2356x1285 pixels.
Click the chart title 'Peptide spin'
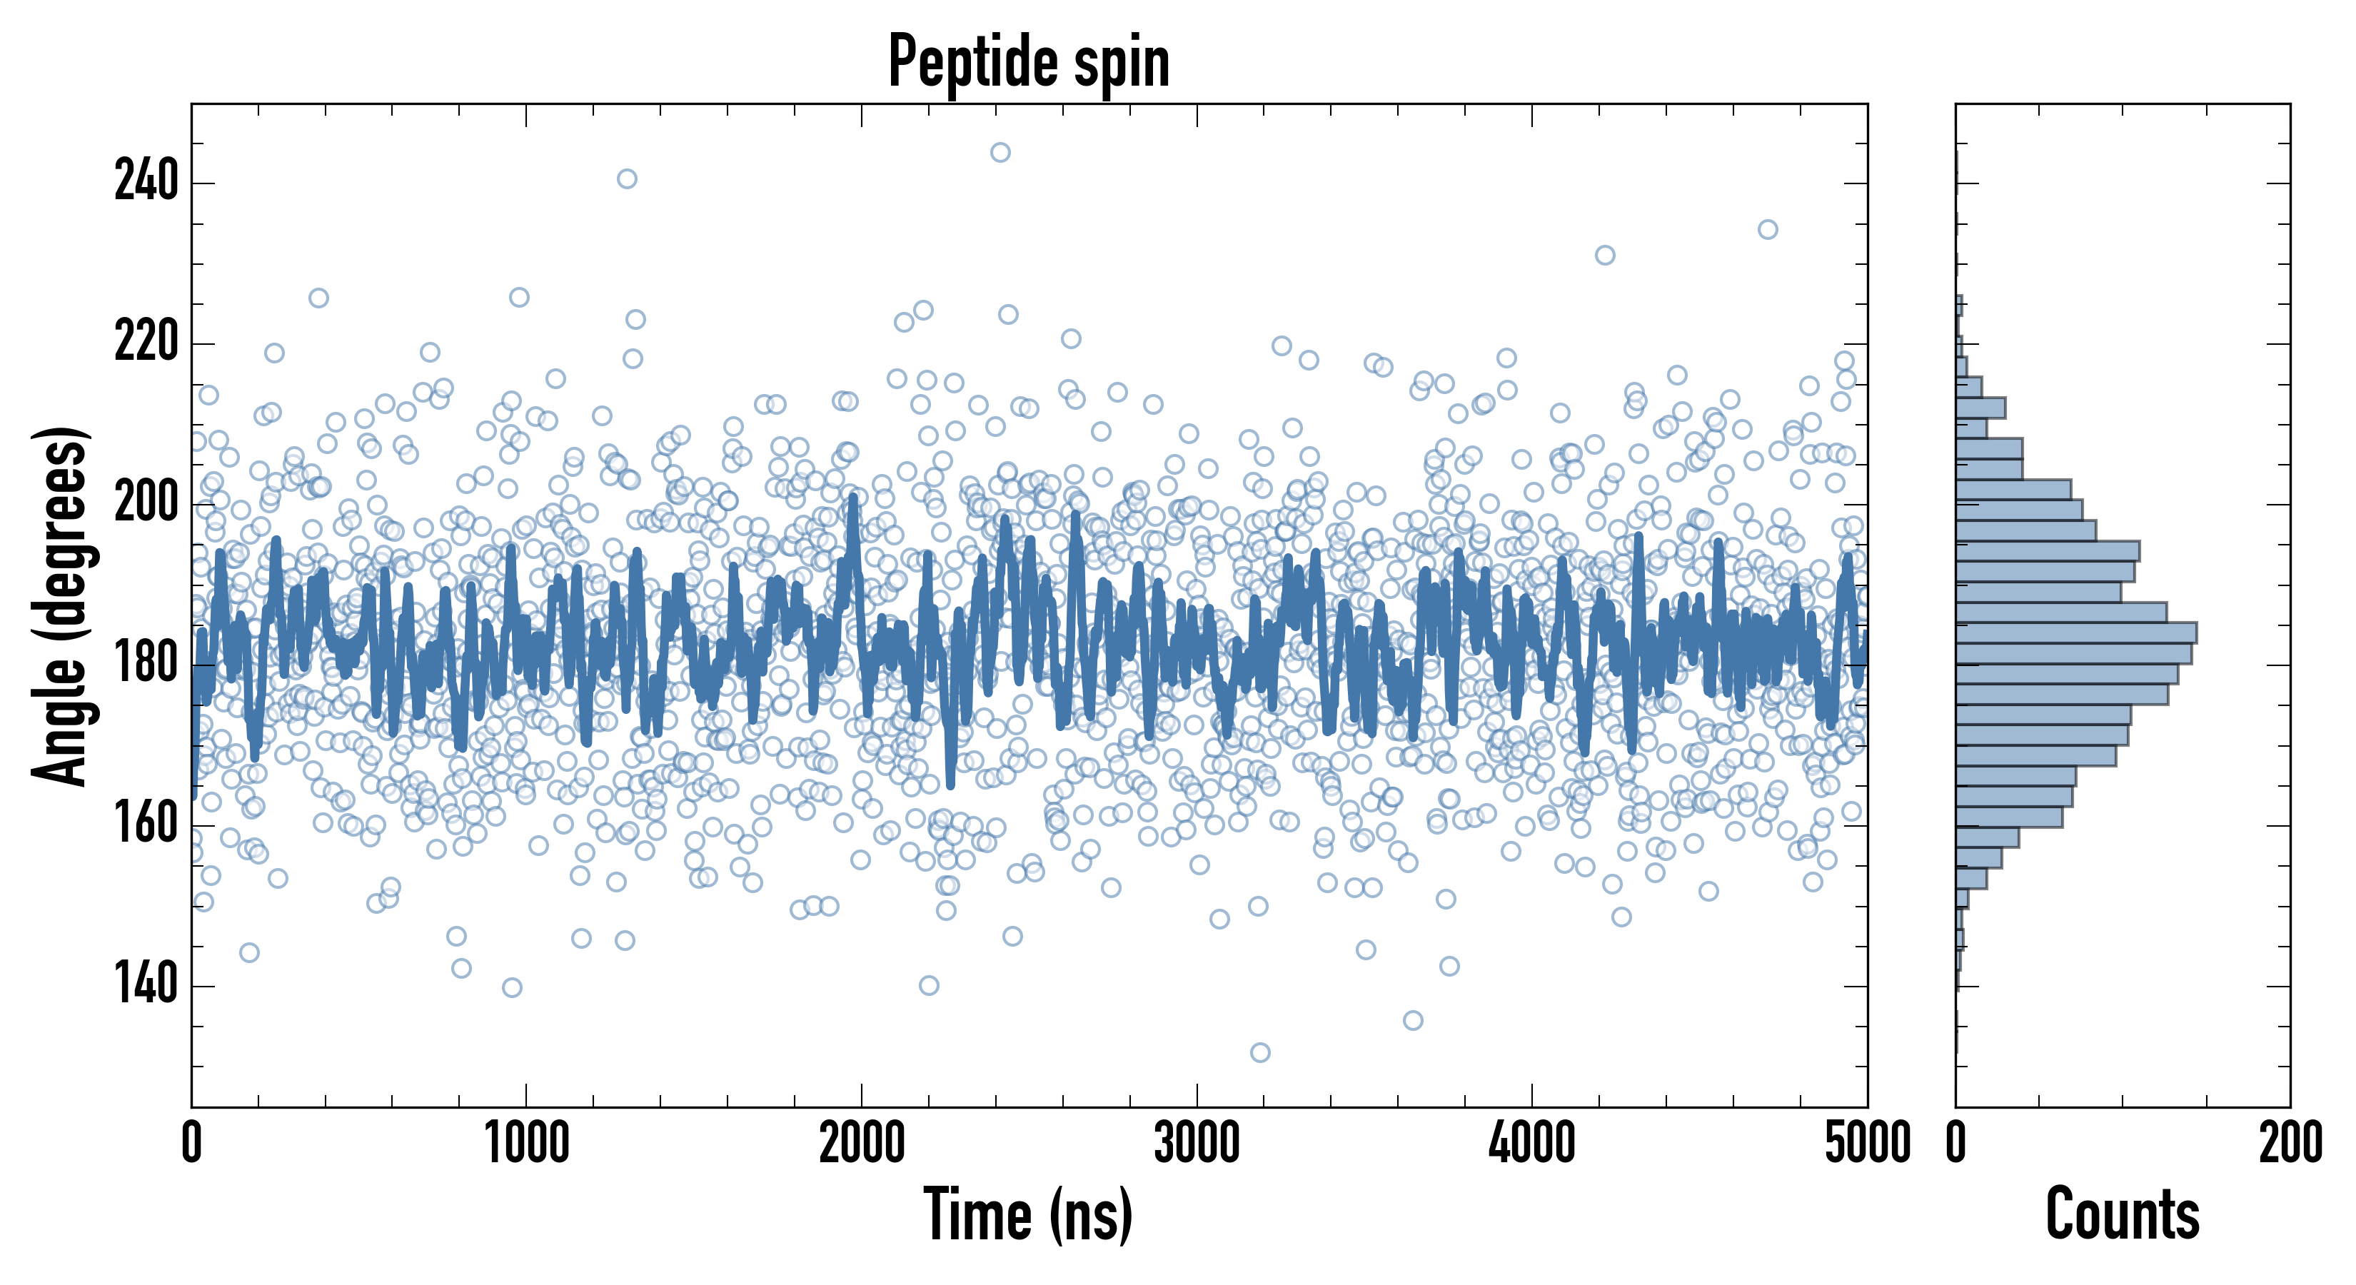click(x=1029, y=61)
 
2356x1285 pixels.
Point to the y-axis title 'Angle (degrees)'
click(x=61, y=605)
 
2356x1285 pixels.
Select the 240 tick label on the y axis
click(x=146, y=182)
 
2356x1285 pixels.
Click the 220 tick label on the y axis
click(x=146, y=343)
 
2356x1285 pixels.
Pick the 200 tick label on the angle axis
click(x=146, y=504)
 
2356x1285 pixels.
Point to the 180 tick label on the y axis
click(x=146, y=665)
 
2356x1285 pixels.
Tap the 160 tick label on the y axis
click(x=146, y=825)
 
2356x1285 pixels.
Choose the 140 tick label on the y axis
click(x=146, y=986)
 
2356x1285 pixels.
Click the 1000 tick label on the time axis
click(x=526, y=1143)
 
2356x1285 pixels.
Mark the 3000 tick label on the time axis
click(x=1197, y=1143)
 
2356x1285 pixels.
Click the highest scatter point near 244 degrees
click(x=1000, y=152)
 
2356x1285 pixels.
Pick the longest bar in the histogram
click(x=2076, y=632)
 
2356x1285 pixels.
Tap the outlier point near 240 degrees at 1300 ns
click(x=627, y=178)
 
